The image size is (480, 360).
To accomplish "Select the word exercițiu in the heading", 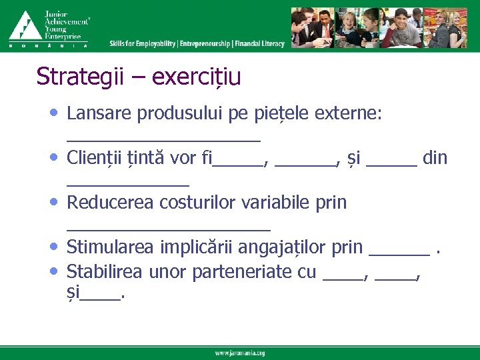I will [x=197, y=77].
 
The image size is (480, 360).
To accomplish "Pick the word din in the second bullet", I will [x=435, y=159].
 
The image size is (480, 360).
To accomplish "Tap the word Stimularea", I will [x=111, y=247].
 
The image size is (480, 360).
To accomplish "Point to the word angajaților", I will [x=277, y=247].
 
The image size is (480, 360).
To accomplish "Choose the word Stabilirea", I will [x=107, y=271].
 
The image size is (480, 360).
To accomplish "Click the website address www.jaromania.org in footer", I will [x=239, y=353].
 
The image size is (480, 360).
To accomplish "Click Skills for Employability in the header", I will [x=143, y=43].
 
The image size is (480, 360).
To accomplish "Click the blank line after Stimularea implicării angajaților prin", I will [x=399, y=252].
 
